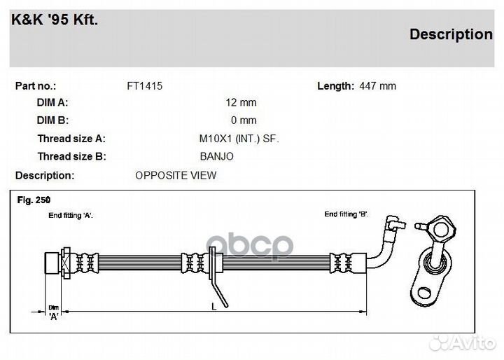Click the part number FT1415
click(145, 86)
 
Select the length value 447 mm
click(378, 86)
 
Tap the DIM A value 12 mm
click(241, 103)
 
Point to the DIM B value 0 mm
click(244, 120)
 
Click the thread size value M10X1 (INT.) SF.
click(239, 139)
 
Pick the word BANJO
click(216, 156)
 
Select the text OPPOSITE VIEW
click(176, 175)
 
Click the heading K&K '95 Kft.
click(55, 20)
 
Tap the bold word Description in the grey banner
click(451, 34)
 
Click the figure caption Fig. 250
click(34, 200)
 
